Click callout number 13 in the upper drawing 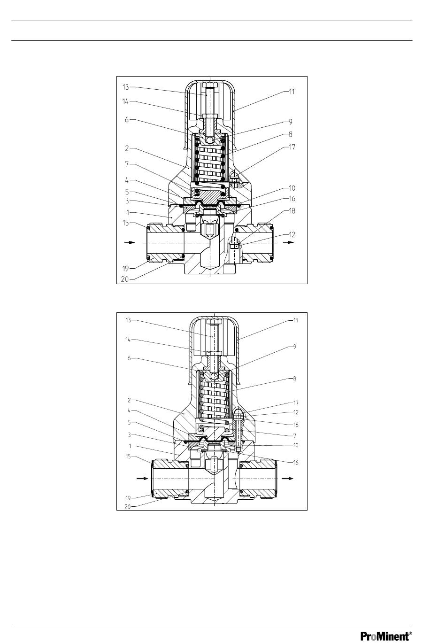click(x=126, y=87)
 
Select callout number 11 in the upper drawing click(x=292, y=92)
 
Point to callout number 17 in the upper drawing click(x=292, y=147)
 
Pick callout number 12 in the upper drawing click(x=292, y=234)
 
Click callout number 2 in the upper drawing click(x=127, y=148)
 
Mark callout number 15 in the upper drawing click(x=126, y=223)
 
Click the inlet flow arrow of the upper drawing click(x=130, y=242)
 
